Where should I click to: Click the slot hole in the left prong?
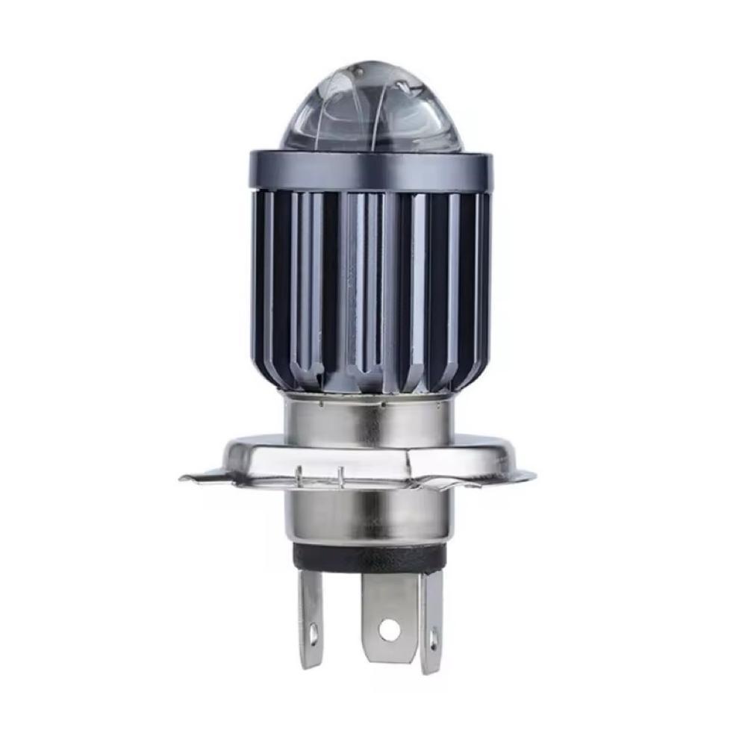point(313,635)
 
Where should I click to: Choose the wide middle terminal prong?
point(388,616)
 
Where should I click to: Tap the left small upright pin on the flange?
point(299,473)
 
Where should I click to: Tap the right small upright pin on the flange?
point(340,473)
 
